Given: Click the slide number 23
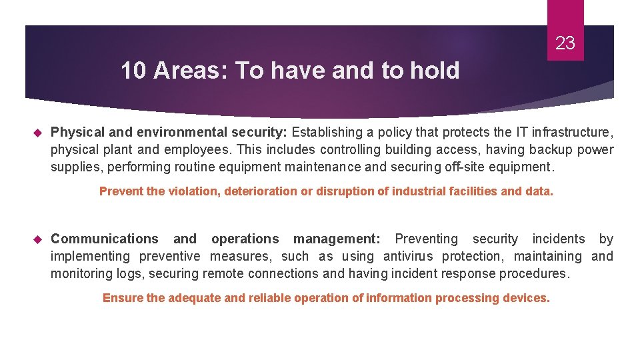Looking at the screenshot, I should (565, 44).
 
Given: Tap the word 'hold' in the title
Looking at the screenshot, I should (437, 71).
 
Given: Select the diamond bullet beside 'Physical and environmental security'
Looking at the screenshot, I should (37, 133).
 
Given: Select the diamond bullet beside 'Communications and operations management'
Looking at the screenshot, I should (37, 239).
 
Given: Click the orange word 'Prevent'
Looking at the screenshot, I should (121, 191).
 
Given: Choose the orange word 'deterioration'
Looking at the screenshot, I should (257, 191).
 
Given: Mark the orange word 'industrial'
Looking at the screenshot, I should (417, 191).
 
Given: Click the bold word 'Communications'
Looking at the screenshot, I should (105, 239).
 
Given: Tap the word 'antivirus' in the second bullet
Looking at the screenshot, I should (408, 256).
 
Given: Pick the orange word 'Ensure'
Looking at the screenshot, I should (123, 298).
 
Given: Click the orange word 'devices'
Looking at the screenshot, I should (526, 298).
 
